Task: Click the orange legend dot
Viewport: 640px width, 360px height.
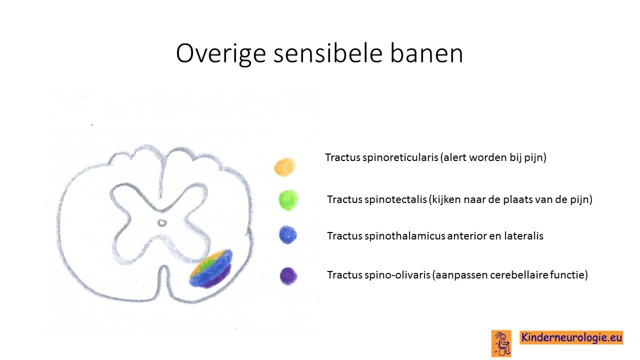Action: point(284,167)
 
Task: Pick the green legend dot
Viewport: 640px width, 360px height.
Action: point(288,200)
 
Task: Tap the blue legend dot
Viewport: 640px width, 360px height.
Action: point(288,235)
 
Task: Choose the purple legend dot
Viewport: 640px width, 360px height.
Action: point(288,276)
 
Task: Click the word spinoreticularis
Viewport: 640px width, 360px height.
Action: point(400,157)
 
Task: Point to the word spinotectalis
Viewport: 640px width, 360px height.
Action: point(395,199)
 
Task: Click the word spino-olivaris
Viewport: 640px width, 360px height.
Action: point(397,275)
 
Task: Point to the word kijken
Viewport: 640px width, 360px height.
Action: point(445,199)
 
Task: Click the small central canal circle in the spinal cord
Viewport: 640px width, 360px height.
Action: point(162,222)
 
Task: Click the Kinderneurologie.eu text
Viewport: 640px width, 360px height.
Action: point(571,337)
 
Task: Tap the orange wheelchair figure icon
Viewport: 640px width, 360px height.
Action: point(501,343)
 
